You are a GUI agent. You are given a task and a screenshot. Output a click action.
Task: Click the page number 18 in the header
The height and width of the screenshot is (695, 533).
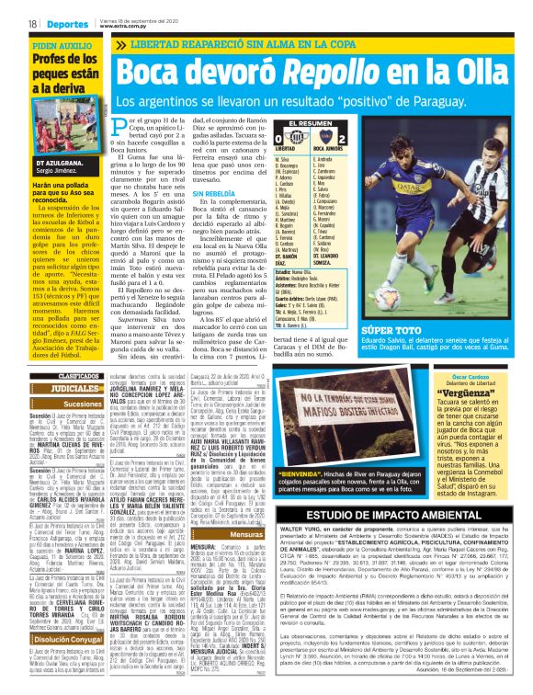[33, 22]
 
